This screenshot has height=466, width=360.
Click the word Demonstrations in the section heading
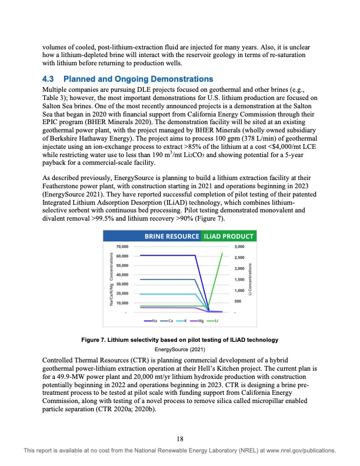coord(178,78)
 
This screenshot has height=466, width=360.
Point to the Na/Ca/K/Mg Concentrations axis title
coord(111,279)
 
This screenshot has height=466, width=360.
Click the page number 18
coord(180,438)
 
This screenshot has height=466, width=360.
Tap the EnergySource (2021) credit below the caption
coord(180,349)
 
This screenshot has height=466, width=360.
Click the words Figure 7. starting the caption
coord(99,341)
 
